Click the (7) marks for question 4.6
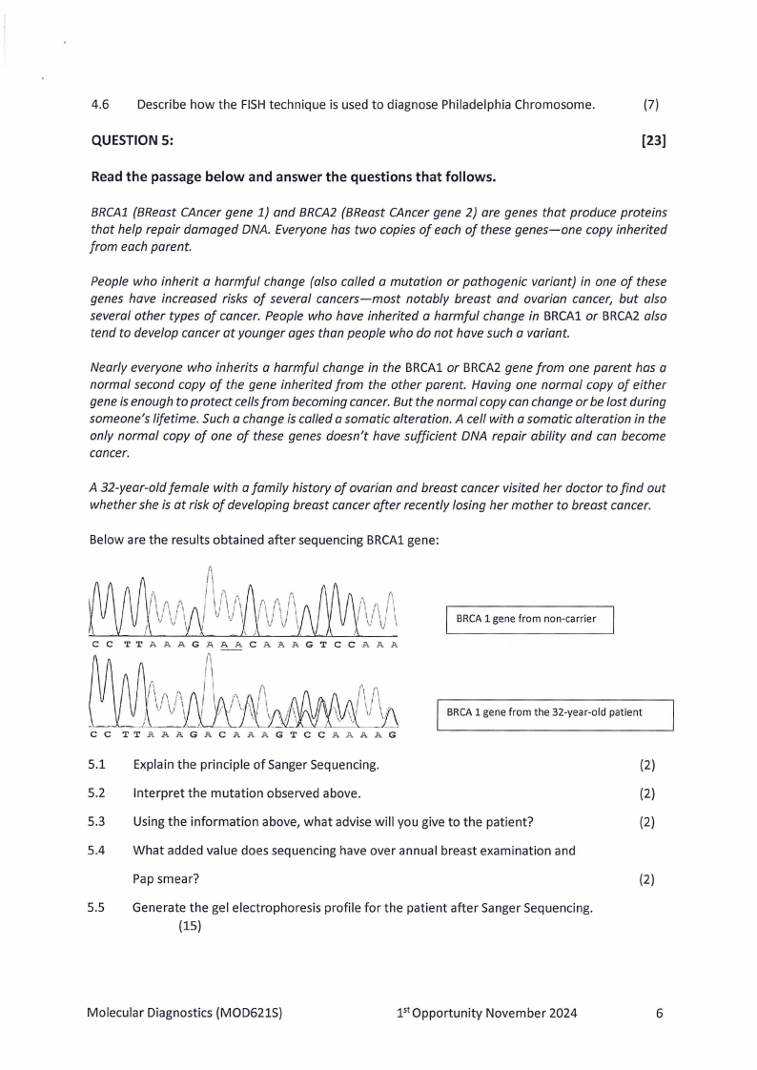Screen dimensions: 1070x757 point(651,104)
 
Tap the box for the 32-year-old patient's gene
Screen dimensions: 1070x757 point(554,712)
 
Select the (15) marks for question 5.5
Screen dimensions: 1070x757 point(190,925)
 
